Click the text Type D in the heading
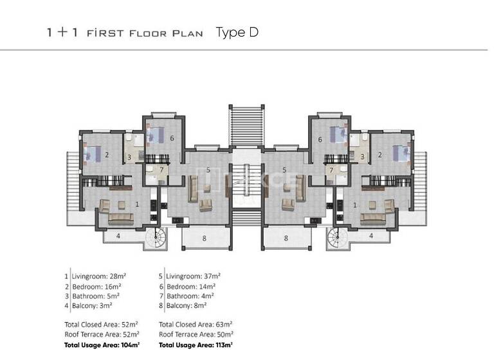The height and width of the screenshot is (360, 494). [x=237, y=32]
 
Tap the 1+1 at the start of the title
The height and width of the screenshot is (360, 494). [x=62, y=33]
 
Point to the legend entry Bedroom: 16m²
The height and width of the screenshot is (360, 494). [x=96, y=286]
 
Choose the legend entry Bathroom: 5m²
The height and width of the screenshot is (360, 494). [x=96, y=296]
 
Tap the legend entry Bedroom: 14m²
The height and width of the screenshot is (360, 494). [x=190, y=286]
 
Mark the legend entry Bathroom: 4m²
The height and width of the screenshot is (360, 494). [x=190, y=296]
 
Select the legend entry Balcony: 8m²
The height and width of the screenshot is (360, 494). [x=187, y=307]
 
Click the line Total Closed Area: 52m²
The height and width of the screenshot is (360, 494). [x=102, y=325]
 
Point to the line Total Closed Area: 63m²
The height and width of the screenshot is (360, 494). [x=196, y=325]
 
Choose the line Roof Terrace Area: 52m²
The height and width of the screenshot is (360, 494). [x=102, y=334]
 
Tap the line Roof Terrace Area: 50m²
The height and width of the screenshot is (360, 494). [x=196, y=334]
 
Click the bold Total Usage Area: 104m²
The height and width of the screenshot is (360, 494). [x=102, y=345]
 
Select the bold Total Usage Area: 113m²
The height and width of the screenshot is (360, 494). [x=196, y=345]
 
